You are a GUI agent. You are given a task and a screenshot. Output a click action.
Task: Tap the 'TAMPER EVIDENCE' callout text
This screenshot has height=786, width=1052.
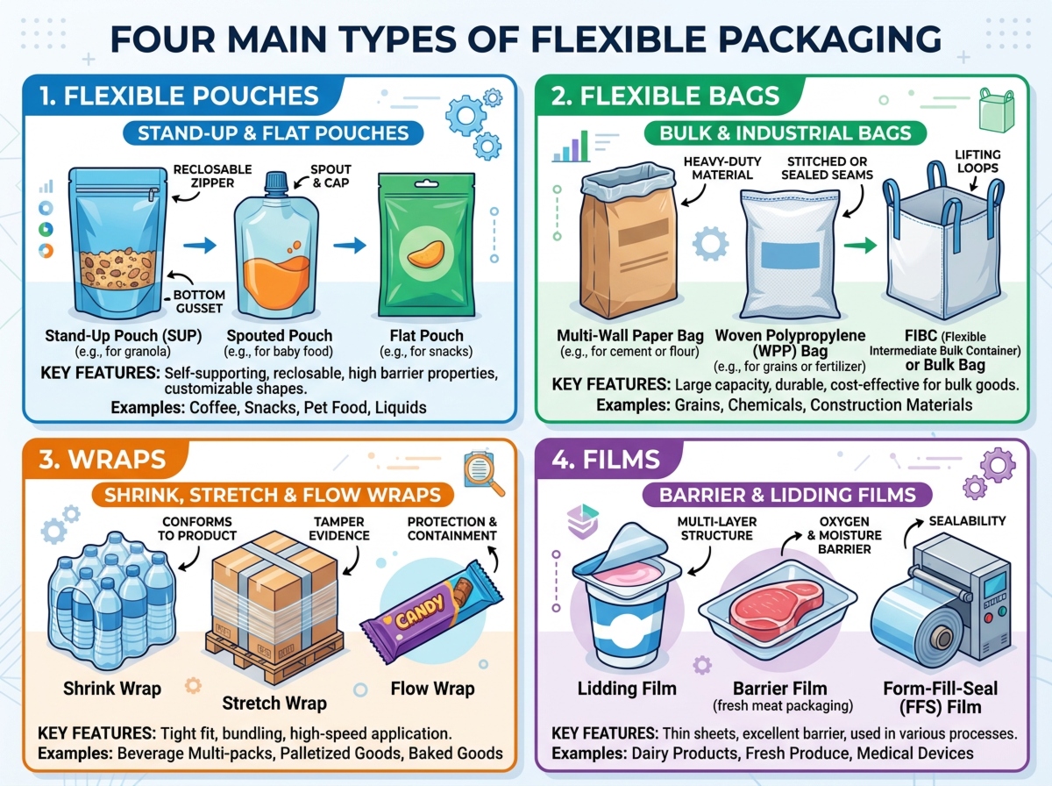(x=338, y=528)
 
